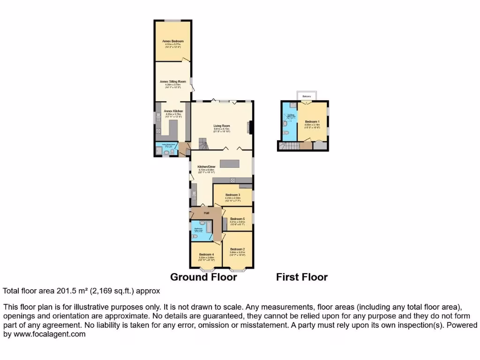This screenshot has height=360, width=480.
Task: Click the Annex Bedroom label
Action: [173, 41]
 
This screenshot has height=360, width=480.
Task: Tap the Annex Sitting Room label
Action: [173, 81]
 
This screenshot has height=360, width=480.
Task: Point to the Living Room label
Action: [222, 126]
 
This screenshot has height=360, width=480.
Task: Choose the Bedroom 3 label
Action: [232, 195]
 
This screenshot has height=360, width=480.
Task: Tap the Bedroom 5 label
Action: [237, 219]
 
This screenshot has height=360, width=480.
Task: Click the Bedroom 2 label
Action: [237, 249]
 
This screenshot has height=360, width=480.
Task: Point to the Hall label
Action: [206, 213]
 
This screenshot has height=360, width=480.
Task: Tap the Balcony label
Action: [307, 96]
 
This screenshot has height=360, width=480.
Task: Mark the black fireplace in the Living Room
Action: [250, 127]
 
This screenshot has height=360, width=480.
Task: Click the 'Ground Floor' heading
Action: [203, 277]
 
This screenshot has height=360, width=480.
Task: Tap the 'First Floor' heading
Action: [301, 277]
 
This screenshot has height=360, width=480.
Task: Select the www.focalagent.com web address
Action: [49, 334]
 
